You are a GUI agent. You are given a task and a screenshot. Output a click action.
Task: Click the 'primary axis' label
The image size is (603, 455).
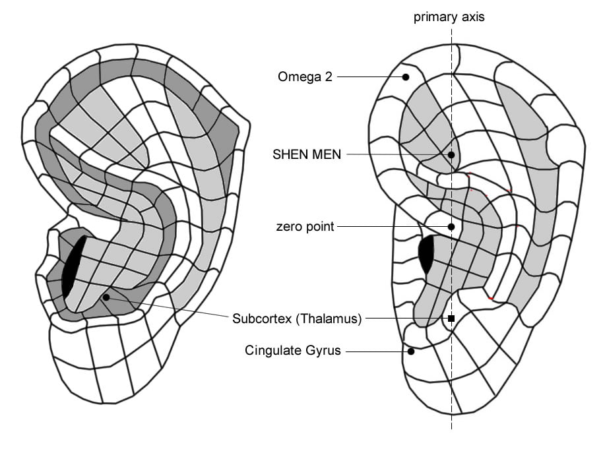[x=449, y=17]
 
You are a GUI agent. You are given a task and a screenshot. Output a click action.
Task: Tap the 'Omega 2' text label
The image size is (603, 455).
[x=305, y=76]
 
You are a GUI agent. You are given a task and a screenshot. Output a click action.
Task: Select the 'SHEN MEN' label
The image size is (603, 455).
[x=307, y=154]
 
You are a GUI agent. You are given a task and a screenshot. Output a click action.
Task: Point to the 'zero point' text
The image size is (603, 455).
[x=305, y=227]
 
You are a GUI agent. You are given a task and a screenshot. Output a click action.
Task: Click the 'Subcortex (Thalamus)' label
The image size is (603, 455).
[x=297, y=319]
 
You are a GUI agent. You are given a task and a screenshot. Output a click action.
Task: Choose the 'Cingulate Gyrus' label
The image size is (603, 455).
[x=292, y=350]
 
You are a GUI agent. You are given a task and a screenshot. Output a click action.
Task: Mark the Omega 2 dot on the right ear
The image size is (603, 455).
[x=406, y=77]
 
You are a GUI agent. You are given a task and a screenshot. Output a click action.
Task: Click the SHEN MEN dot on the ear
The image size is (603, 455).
[x=451, y=155]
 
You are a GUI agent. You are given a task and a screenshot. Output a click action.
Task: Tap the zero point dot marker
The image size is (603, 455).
[x=451, y=227]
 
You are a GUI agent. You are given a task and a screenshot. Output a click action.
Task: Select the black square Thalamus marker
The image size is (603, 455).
[x=451, y=318]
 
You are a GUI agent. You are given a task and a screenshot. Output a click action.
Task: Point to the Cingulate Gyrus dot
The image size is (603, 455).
[x=411, y=351]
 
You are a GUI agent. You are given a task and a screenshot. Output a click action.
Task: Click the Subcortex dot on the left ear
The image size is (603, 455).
[x=106, y=297]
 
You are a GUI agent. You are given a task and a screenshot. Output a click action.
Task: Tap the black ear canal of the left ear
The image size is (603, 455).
[x=72, y=266]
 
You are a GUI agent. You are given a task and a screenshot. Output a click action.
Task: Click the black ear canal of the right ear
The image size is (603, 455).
[x=428, y=253]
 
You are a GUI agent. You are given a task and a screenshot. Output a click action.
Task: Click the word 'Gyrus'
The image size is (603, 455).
[x=322, y=350]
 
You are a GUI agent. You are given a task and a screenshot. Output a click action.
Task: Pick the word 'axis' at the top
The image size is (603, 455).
[x=473, y=17]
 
